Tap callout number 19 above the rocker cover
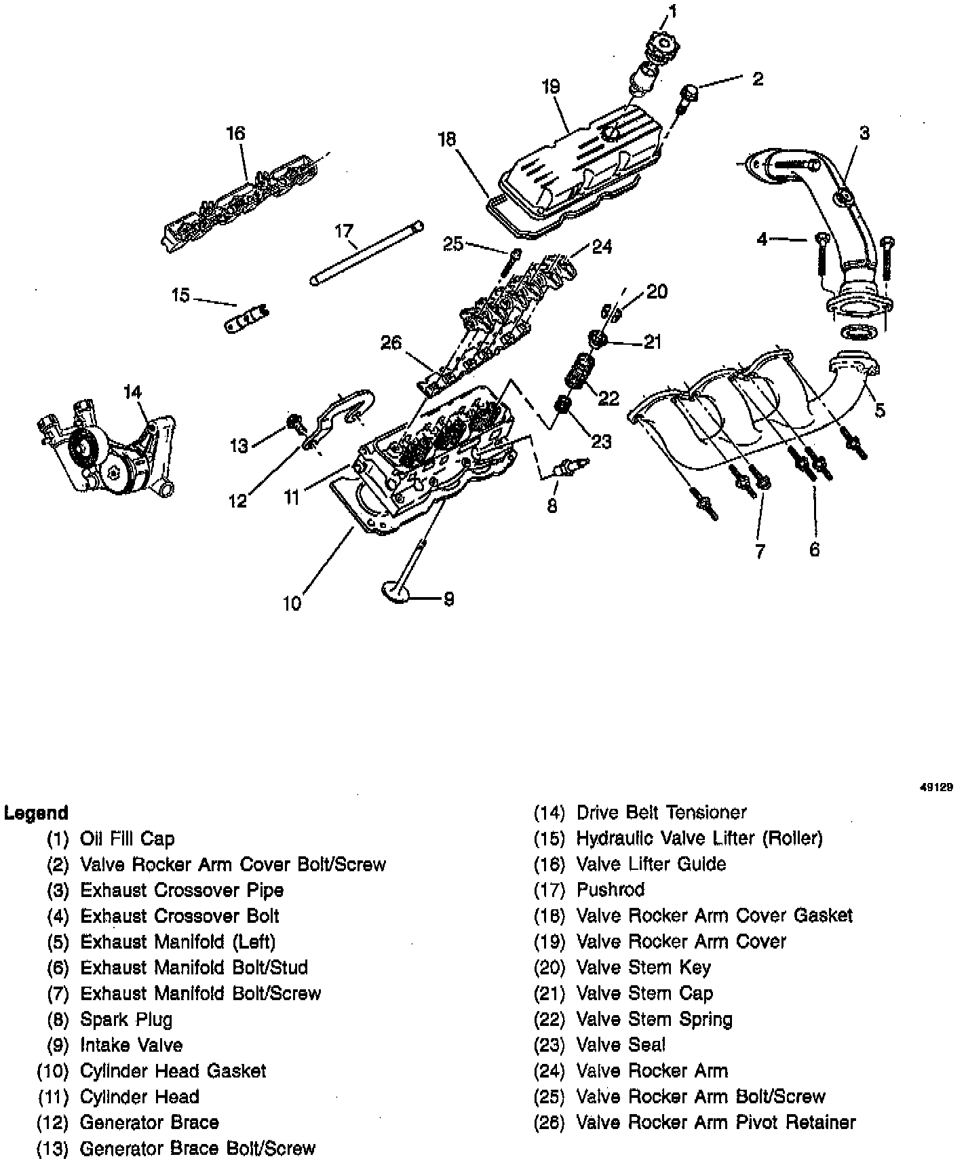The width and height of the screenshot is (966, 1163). pyautogui.click(x=551, y=87)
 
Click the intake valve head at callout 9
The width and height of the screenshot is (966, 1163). pyautogui.click(x=395, y=591)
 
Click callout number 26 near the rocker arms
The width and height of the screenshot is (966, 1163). pyautogui.click(x=391, y=343)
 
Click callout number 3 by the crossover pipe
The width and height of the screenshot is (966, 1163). pyautogui.click(x=864, y=134)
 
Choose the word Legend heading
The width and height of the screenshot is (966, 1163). pyautogui.click(x=36, y=812)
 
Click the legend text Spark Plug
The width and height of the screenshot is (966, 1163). pyautogui.click(x=126, y=1019)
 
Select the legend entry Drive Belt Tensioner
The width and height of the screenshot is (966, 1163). pyautogui.click(x=661, y=812)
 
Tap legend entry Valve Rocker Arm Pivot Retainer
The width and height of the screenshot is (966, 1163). pyautogui.click(x=716, y=1122)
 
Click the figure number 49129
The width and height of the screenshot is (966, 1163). pyautogui.click(x=936, y=788)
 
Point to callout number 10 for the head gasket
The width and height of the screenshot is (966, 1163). pyautogui.click(x=292, y=603)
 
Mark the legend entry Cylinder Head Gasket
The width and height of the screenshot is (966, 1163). pyautogui.click(x=173, y=1071)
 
